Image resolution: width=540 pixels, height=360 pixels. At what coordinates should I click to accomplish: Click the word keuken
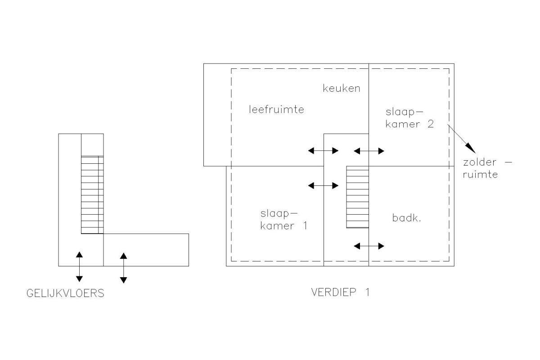[342, 88]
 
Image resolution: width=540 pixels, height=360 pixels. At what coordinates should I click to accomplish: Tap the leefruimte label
[276, 109]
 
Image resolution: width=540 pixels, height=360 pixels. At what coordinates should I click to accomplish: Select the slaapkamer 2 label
[409, 118]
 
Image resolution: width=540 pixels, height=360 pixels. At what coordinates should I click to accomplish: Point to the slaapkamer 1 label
[284, 220]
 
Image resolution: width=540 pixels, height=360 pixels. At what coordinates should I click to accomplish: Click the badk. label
[406, 218]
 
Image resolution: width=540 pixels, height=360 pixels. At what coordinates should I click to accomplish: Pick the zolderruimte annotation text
[487, 168]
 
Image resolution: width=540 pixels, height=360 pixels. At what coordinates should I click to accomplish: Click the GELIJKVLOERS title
[65, 293]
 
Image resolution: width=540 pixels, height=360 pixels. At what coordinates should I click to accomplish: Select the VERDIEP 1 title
[340, 292]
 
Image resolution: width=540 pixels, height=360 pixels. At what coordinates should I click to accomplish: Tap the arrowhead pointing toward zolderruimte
[470, 148]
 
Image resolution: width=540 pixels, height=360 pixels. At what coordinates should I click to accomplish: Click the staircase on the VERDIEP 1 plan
[357, 197]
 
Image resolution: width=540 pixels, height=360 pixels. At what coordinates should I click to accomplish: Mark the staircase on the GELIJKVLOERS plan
[92, 195]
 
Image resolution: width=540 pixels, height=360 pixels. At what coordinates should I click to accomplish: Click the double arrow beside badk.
[369, 246]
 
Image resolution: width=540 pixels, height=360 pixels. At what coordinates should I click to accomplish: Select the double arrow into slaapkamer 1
[323, 186]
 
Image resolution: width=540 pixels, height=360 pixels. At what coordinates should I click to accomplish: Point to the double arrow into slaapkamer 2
[369, 151]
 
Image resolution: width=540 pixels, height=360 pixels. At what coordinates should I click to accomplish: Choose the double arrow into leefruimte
[323, 151]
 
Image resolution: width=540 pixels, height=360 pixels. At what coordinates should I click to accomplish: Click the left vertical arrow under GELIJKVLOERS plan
[79, 267]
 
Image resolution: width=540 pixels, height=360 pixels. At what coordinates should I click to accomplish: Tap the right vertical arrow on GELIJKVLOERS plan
[123, 268]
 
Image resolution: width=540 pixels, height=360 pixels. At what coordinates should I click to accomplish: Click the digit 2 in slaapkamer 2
[431, 124]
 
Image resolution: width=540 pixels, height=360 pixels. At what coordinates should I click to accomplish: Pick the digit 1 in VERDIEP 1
[367, 292]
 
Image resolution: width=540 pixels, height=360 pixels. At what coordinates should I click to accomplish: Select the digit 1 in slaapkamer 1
[305, 226]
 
